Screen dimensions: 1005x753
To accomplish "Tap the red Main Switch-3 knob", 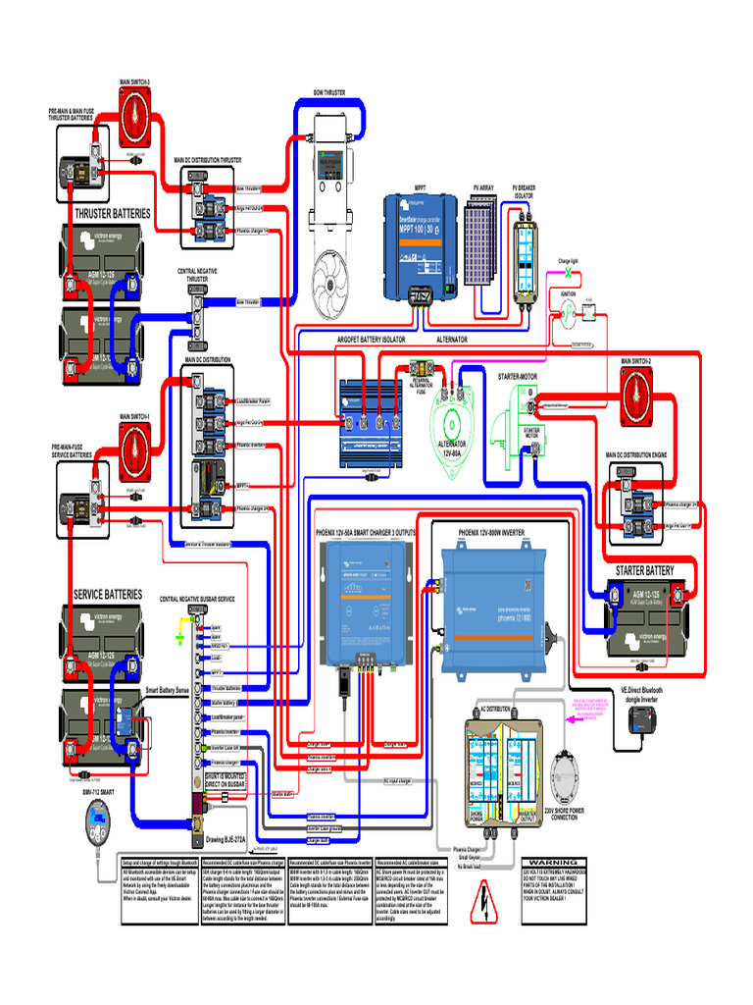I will (135, 110).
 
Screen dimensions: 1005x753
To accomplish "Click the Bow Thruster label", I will (328, 92).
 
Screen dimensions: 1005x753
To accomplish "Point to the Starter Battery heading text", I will (644, 570).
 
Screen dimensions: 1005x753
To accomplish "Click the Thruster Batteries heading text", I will (113, 213).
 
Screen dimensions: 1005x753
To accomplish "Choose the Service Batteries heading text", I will (108, 595).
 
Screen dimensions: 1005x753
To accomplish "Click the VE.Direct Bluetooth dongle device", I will (643, 723).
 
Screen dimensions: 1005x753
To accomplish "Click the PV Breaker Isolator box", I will (526, 253).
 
